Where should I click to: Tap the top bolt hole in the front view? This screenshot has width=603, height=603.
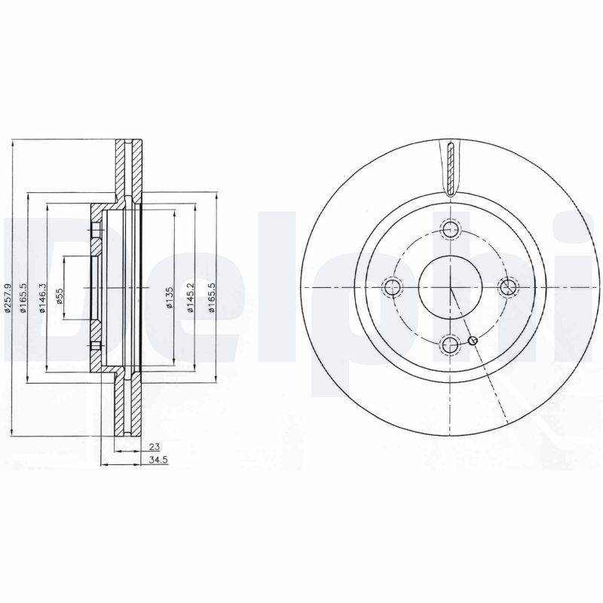tap(451, 230)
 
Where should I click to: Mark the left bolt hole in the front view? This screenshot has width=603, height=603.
tap(392, 287)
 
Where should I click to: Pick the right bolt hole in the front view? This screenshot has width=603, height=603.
tap(509, 286)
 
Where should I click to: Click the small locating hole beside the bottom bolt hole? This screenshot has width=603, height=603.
tap(473, 341)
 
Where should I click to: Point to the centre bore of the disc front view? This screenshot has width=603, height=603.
tap(450, 287)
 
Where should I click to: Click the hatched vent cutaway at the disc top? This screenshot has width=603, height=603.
tap(450, 167)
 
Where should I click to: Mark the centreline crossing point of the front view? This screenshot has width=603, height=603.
tap(450, 288)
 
